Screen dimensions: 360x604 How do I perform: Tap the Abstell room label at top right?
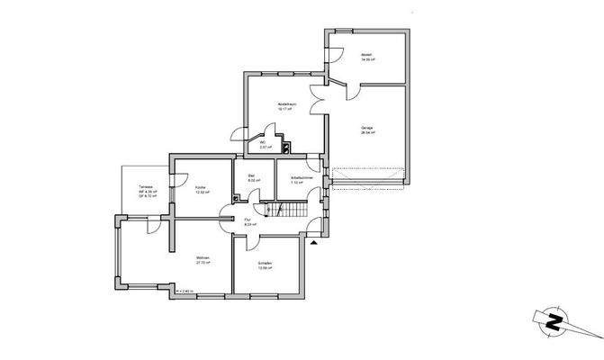pos(367,55)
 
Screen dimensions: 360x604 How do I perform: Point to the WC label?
pos(264,144)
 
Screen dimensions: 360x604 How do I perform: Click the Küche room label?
pos(202,190)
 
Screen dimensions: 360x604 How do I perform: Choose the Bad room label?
pos(253,178)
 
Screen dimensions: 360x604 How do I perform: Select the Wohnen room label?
pos(203,261)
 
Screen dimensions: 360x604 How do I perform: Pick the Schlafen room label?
pos(265,266)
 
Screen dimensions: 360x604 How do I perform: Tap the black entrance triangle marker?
pos(313,242)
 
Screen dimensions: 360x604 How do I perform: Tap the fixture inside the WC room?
pos(285,144)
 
